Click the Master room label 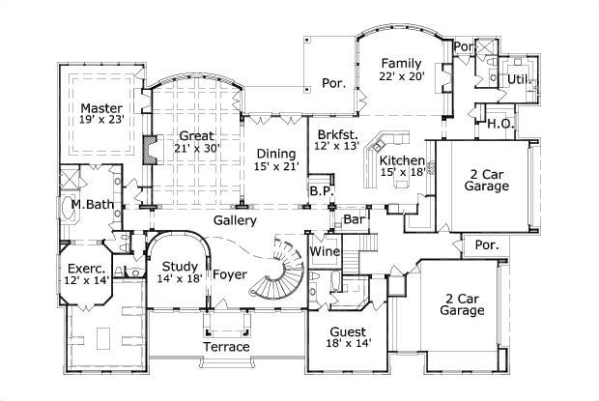pyautogui.click(x=100, y=107)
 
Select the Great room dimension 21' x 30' pyautogui.click(x=197, y=149)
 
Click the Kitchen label pyautogui.click(x=401, y=159)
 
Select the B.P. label pyautogui.click(x=322, y=192)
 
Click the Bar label pyautogui.click(x=354, y=220)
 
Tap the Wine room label pyautogui.click(x=324, y=251)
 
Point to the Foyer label pyautogui.click(x=230, y=274)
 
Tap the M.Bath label pyautogui.click(x=89, y=205)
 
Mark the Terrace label pyautogui.click(x=226, y=346)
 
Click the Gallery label pyautogui.click(x=235, y=220)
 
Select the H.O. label pyautogui.click(x=499, y=124)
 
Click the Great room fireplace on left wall pyautogui.click(x=148, y=151)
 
